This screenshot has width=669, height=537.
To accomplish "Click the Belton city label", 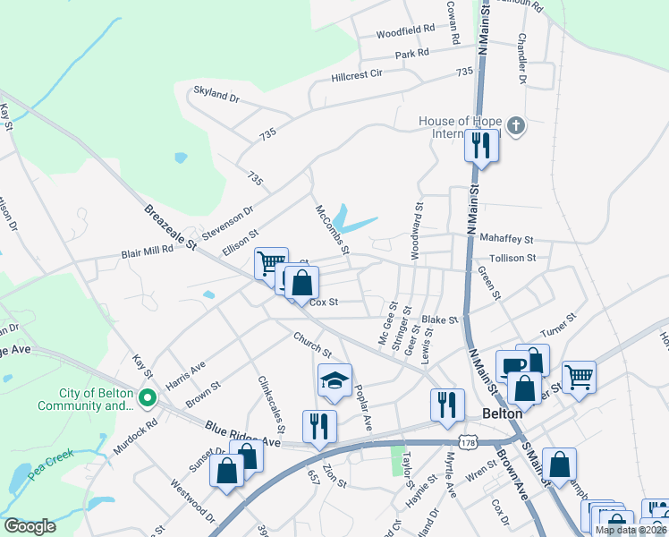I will click(x=501, y=413).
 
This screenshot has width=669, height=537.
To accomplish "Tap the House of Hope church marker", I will click(x=515, y=127).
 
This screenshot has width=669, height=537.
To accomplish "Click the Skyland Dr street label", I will click(x=217, y=95).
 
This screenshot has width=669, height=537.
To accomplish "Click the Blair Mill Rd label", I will click(x=147, y=253).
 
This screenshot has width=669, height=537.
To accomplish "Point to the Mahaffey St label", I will click(x=506, y=240).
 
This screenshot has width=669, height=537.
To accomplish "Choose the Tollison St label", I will click(x=506, y=258).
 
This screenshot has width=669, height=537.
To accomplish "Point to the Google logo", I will click(x=30, y=525).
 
